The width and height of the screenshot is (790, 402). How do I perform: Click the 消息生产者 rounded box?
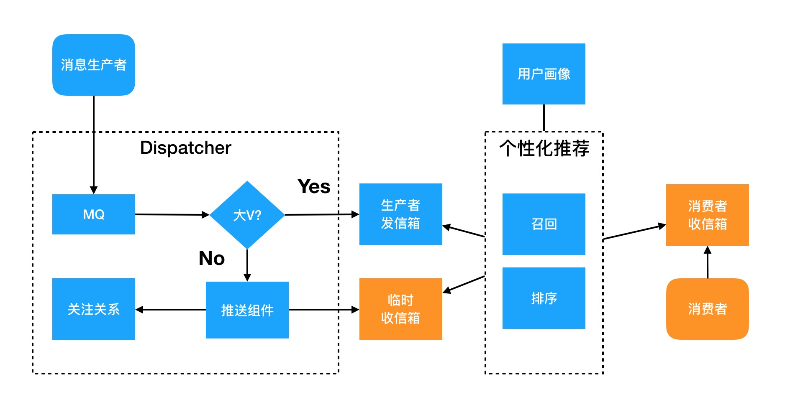point(93,65)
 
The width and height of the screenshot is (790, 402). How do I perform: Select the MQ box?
point(93,214)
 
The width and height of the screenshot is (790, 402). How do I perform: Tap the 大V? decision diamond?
point(247,215)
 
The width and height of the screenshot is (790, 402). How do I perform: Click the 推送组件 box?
point(247,310)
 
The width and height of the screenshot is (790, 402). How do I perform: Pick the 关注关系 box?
point(93,309)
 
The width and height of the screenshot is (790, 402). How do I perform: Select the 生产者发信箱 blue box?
point(400,214)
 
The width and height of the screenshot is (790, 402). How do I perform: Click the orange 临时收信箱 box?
point(400,309)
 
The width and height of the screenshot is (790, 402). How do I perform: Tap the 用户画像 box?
point(544,74)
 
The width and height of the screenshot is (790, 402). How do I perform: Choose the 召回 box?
point(544,224)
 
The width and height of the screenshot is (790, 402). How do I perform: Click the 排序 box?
point(544,298)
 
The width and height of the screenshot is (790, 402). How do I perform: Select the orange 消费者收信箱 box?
point(707,215)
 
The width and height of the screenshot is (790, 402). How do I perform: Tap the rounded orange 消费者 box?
point(707,309)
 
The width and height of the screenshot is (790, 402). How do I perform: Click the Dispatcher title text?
point(185,148)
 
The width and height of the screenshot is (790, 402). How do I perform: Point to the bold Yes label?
point(314,186)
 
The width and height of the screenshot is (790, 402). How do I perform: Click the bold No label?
point(212,258)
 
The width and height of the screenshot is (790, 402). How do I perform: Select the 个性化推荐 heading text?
point(544,148)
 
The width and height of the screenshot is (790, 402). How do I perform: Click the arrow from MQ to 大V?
point(172,215)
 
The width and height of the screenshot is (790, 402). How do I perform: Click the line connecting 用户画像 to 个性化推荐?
point(544,117)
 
